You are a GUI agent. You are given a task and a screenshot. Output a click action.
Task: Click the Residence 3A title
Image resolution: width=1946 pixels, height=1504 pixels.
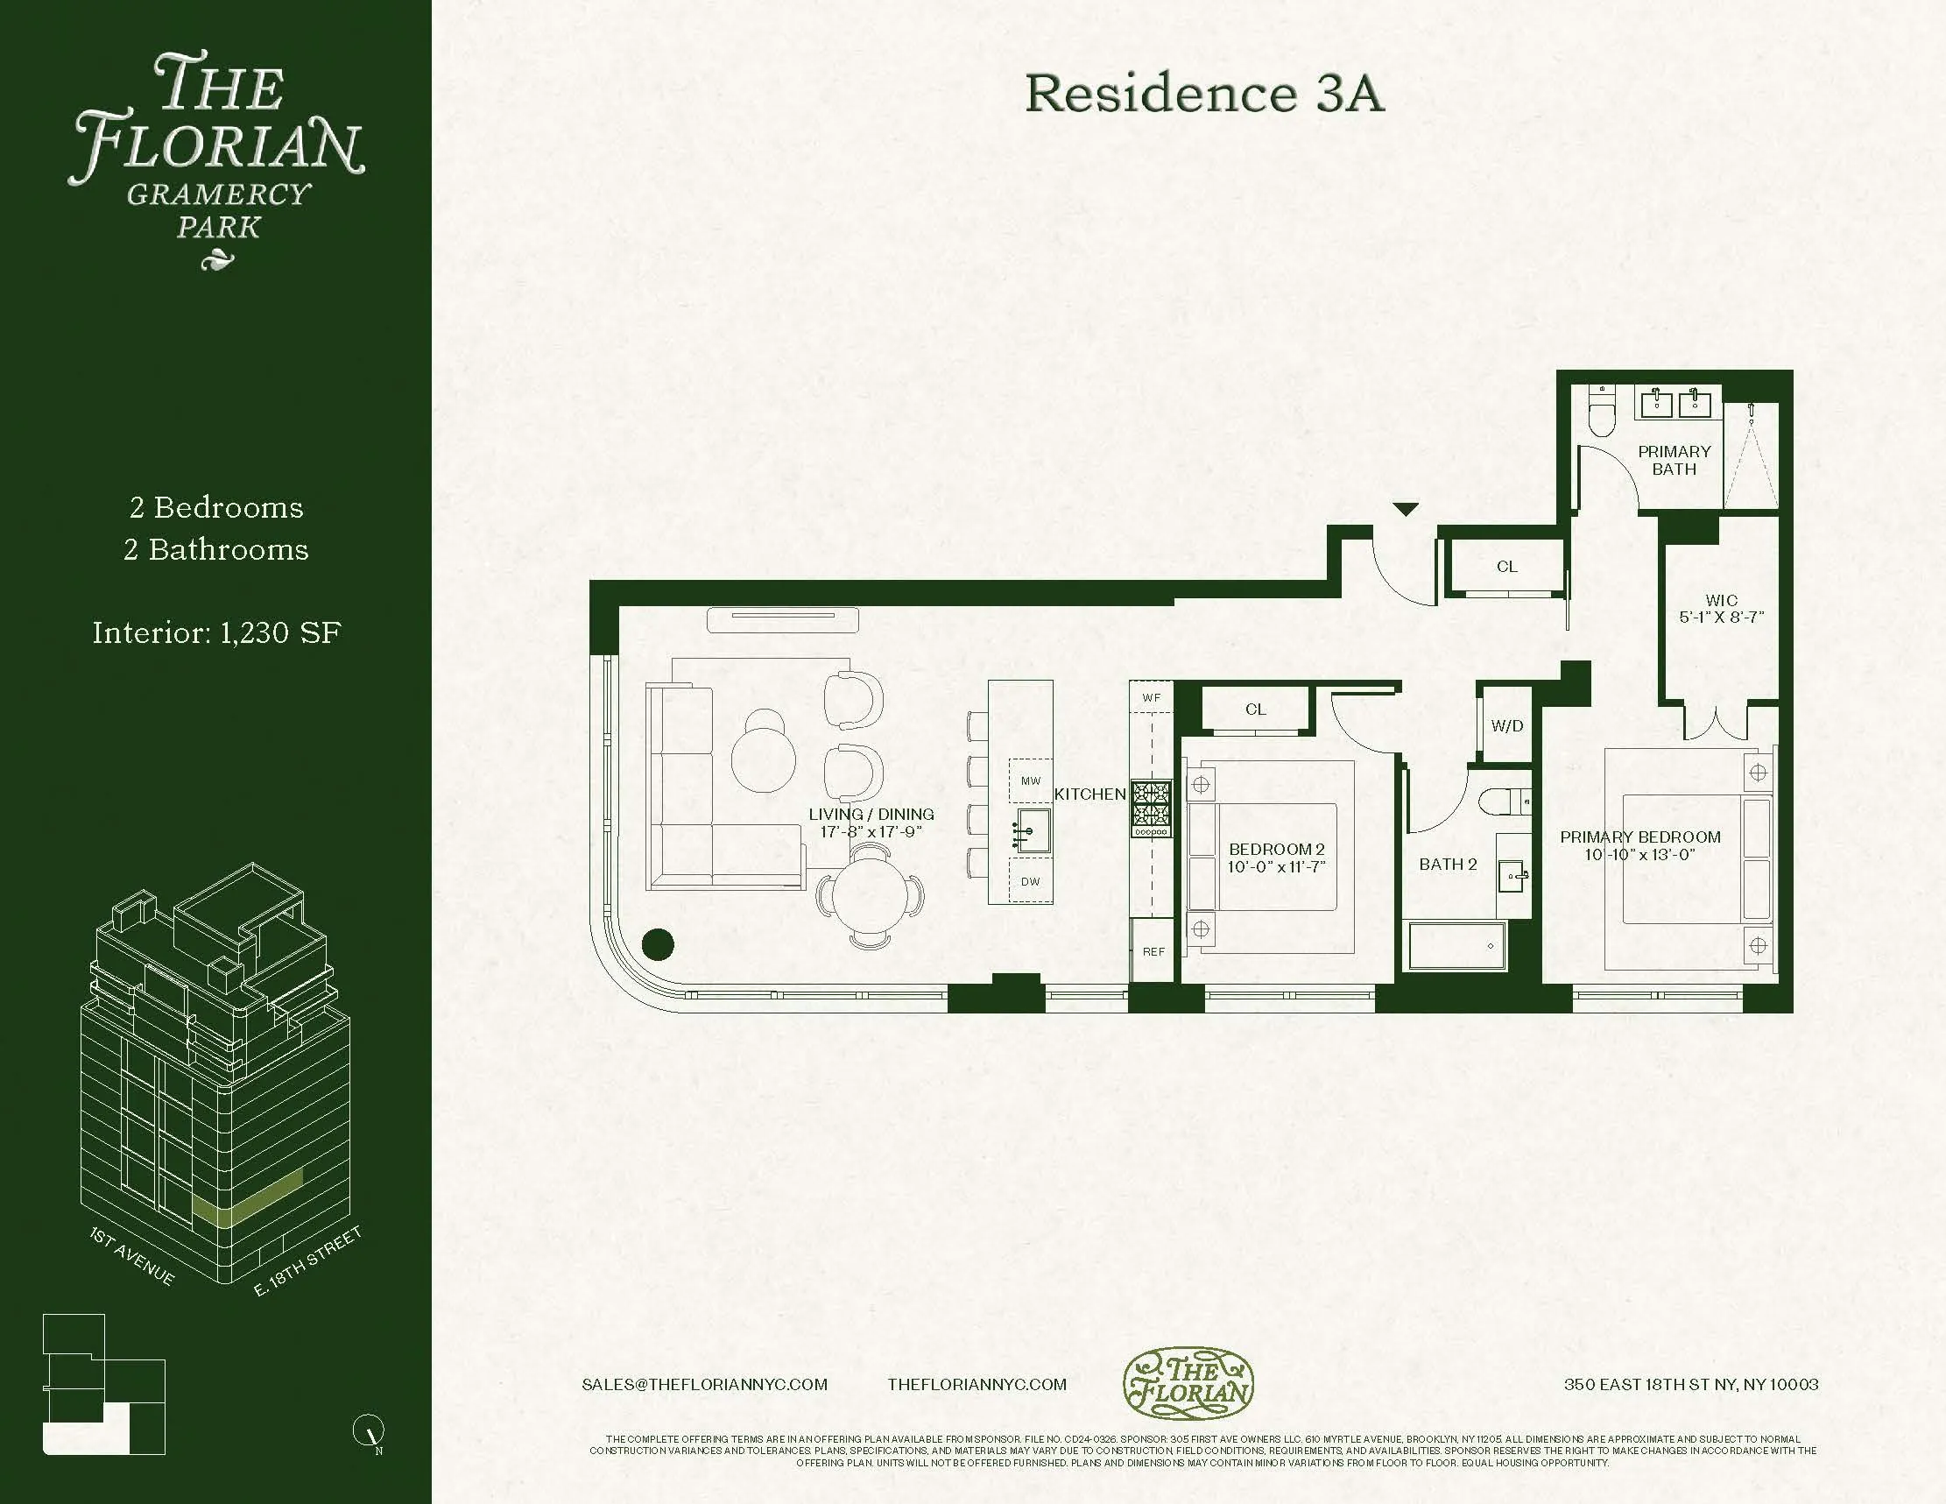[x=1204, y=94]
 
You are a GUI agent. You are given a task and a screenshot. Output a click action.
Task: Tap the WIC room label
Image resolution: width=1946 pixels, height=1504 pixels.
[x=1721, y=601]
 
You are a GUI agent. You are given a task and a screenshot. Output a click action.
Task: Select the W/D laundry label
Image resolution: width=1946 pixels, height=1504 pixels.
[x=1506, y=726]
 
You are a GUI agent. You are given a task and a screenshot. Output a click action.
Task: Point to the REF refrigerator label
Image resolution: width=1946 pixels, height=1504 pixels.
[x=1153, y=951]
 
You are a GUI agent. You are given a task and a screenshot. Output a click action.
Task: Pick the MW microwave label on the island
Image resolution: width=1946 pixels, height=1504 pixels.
[x=1030, y=781]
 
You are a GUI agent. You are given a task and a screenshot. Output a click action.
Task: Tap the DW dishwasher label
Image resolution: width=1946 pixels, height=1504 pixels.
[x=1030, y=882]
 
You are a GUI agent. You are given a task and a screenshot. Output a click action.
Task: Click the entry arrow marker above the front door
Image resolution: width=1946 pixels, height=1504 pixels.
[x=1405, y=510]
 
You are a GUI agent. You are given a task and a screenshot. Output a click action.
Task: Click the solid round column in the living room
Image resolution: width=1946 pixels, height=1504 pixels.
[x=659, y=943]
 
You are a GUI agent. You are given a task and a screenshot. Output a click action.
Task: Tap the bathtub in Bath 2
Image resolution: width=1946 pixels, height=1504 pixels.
[x=1456, y=945]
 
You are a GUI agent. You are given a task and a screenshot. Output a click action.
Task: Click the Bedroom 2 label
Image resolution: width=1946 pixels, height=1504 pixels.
[x=1276, y=850]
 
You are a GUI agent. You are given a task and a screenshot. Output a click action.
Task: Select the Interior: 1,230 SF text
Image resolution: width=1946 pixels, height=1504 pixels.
[x=216, y=632]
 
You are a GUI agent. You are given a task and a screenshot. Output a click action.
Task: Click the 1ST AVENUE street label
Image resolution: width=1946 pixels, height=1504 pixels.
[x=132, y=1256]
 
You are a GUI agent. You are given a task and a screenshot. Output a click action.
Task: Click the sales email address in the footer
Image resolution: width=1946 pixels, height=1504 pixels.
[x=704, y=1385]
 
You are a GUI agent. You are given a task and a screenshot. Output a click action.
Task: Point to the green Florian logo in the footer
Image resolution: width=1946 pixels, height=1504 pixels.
[x=1187, y=1383]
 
